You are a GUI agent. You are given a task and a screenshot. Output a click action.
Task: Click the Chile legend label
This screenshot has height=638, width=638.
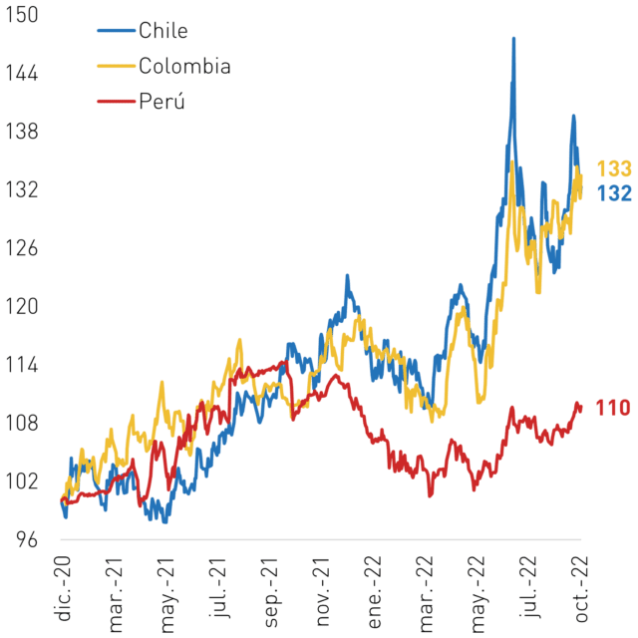[x=163, y=31]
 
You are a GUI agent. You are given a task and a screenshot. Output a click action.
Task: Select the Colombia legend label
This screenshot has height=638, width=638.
[x=184, y=66]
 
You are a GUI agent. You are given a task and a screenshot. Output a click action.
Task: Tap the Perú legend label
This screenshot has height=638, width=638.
[x=161, y=101]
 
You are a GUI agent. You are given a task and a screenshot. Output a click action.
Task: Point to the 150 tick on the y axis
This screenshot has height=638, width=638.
[x=21, y=15]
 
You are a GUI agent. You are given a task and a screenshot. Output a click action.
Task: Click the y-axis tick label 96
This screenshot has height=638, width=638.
[x=27, y=540]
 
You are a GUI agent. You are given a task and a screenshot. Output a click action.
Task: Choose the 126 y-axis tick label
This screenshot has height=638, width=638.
[x=21, y=248]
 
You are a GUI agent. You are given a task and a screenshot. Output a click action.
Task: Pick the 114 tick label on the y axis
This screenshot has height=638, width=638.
[x=21, y=365]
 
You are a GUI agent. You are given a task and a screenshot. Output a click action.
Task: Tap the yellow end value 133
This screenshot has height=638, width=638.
[x=614, y=168]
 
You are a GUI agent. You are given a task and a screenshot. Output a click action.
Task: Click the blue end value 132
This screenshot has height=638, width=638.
[x=614, y=193]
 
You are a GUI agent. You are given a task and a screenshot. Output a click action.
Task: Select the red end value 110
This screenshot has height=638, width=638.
[x=613, y=408]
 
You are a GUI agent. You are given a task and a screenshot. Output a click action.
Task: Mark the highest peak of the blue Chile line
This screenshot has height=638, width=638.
[x=514, y=39]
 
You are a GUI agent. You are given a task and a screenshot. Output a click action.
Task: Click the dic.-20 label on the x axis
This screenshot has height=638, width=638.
[x=63, y=588]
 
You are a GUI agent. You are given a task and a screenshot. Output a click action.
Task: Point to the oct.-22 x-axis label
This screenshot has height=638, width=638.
[x=580, y=589]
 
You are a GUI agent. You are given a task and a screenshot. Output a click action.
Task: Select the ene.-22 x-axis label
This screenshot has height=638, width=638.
[x=374, y=592]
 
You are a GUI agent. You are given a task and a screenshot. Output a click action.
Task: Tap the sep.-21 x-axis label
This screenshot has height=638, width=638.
[x=270, y=592]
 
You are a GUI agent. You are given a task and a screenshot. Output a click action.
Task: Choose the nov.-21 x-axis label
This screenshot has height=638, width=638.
[x=322, y=591]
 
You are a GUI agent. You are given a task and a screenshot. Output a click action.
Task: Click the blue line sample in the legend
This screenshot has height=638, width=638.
[x=116, y=31]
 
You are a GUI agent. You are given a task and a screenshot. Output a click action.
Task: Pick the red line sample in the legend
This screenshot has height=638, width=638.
[x=116, y=101]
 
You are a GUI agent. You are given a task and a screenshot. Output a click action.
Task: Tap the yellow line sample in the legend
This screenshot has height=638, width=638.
[x=116, y=66]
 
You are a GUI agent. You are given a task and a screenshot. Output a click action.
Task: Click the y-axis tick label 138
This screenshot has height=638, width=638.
[x=21, y=132]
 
